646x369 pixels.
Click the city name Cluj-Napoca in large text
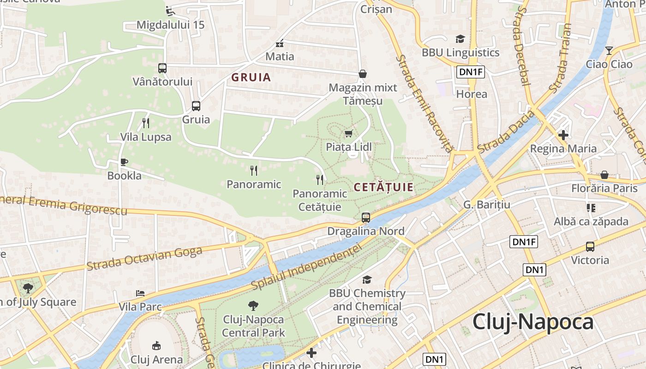(533, 322)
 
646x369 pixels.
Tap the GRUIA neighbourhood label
(251, 77)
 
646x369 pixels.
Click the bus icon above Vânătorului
(162, 68)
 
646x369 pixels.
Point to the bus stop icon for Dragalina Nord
(366, 217)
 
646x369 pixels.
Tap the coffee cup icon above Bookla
(124, 162)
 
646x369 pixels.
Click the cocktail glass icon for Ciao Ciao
(609, 50)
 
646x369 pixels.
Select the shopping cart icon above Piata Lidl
(349, 134)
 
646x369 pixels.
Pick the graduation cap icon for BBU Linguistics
(460, 39)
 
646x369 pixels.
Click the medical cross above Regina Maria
(563, 135)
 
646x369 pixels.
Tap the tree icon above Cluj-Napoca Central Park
(253, 305)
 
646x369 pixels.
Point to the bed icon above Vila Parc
(140, 293)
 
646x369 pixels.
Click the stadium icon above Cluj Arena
(156, 345)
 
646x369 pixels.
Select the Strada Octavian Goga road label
(144, 259)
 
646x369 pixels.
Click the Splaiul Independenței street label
(306, 268)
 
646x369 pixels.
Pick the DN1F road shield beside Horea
(471, 72)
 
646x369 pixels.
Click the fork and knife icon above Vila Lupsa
(146, 123)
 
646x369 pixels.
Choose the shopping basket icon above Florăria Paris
(604, 175)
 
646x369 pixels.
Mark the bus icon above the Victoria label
(590, 246)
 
